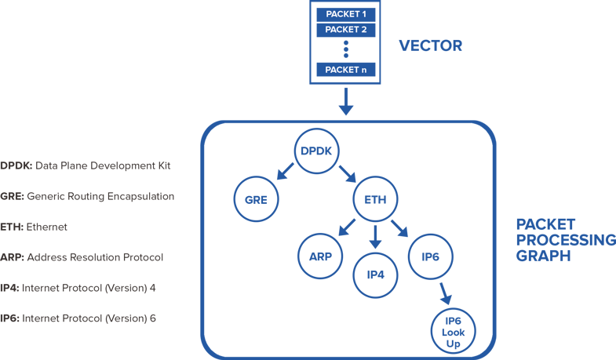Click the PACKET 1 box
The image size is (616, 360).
tap(346, 13)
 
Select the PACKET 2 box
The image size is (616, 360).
tap(346, 30)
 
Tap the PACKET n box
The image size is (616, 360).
tap(346, 70)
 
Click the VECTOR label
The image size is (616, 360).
tap(430, 45)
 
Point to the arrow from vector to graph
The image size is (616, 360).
tap(345, 100)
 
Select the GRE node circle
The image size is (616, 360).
tap(257, 199)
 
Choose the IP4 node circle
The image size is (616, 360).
tap(377, 274)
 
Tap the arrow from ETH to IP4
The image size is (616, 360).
tap(377, 235)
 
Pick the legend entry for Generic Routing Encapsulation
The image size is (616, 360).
tap(88, 196)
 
